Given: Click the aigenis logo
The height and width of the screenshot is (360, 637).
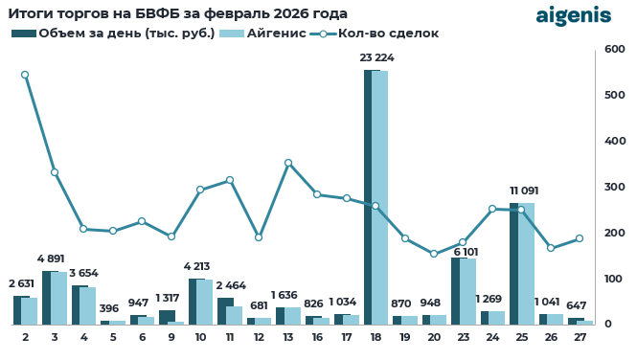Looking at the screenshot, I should click(x=573, y=15).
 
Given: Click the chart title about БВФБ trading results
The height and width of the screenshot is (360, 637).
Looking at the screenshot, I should click(x=178, y=13).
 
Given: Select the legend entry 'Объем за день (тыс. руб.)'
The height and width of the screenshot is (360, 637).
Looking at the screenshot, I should click(x=113, y=34).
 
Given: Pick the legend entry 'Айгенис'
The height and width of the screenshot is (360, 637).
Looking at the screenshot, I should click(x=262, y=34).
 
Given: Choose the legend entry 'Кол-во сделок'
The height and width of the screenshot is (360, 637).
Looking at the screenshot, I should click(x=377, y=34).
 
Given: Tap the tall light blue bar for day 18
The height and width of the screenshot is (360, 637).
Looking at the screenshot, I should click(x=380, y=197).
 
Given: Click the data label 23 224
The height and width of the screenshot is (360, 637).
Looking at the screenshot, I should click(x=376, y=58).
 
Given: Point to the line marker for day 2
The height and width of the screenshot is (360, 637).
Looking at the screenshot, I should click(x=25, y=75).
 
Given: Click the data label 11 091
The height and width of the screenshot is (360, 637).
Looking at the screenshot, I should click(x=522, y=191).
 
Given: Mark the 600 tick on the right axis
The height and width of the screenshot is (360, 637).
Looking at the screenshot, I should click(x=614, y=49).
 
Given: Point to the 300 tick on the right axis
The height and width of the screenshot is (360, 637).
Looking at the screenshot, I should click(x=614, y=187).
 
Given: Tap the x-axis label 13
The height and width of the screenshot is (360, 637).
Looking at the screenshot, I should click(x=288, y=338).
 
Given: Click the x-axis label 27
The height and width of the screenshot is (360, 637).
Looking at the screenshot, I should click(x=580, y=338).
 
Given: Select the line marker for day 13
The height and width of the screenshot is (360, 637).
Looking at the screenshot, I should click(x=288, y=163).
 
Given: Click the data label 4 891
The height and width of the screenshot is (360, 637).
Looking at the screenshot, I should click(x=55, y=259).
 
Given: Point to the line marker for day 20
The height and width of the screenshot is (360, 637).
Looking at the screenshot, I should click(x=434, y=254).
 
